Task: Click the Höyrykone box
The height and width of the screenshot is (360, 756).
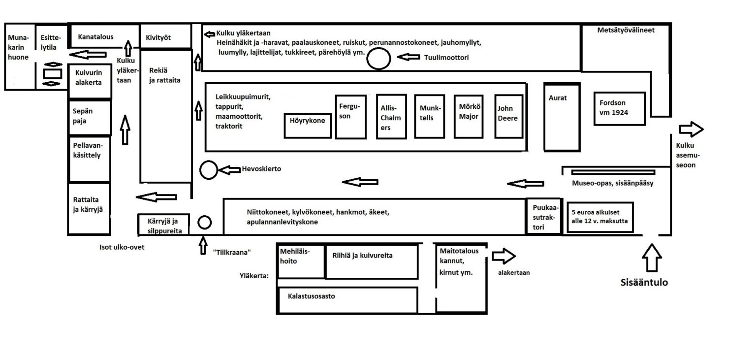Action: (x=308, y=126)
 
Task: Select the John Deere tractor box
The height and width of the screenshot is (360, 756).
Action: (x=508, y=116)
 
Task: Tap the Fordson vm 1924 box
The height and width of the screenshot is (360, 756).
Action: (x=620, y=109)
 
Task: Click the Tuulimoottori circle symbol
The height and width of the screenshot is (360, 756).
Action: (x=378, y=59)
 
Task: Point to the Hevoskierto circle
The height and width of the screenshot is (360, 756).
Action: (x=209, y=170)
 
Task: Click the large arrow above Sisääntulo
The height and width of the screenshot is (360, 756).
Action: (x=652, y=258)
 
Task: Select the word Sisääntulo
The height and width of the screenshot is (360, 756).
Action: (x=644, y=282)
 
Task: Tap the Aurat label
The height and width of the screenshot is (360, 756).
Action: (x=558, y=98)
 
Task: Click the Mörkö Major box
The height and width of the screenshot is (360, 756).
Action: (x=469, y=117)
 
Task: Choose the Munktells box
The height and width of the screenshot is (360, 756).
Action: (x=429, y=117)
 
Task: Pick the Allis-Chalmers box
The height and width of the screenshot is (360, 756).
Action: (x=391, y=117)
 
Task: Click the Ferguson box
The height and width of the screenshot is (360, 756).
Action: (x=350, y=117)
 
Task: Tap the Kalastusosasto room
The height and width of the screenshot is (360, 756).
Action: (x=347, y=300)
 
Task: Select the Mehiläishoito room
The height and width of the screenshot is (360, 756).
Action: (x=301, y=262)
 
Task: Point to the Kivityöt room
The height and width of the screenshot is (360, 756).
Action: (x=166, y=36)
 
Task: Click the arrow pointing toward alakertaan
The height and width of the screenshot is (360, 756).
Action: (x=504, y=256)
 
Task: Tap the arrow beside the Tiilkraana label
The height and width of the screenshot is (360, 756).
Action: (x=203, y=245)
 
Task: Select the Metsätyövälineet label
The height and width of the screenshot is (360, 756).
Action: (x=626, y=30)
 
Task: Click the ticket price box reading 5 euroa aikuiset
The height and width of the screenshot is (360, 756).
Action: (x=600, y=217)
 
